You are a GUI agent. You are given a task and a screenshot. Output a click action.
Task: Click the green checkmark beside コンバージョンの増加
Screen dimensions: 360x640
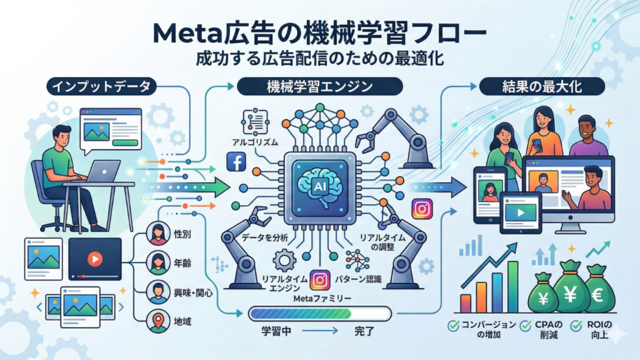454,325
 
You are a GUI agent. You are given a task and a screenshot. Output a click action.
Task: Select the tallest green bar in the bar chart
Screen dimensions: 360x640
512,286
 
